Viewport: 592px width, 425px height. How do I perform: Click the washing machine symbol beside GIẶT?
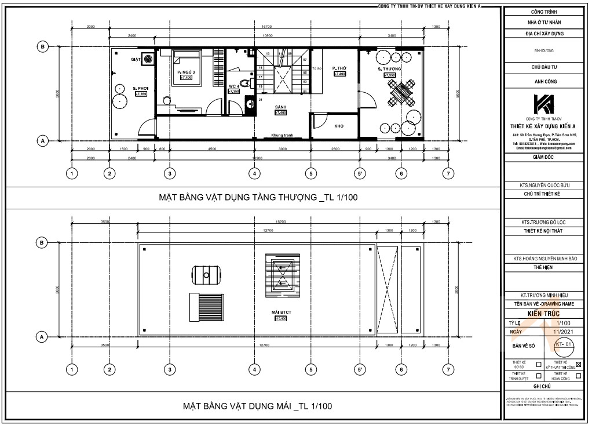(149, 59)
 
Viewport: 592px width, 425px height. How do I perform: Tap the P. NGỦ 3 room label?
(185, 72)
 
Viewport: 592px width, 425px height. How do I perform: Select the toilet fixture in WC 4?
(247, 85)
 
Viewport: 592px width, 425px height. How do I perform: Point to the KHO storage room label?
(339, 125)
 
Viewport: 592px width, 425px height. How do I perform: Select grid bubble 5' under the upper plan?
(360, 173)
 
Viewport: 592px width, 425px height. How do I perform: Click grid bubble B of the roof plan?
(42, 242)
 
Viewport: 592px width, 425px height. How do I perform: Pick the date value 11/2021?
(560, 332)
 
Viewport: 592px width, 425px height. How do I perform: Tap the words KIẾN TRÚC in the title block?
(545, 313)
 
